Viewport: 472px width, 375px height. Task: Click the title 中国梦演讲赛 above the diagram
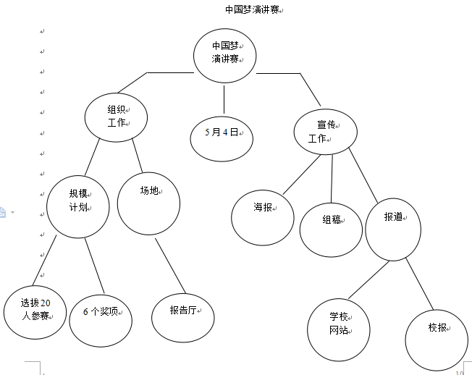click(252, 9)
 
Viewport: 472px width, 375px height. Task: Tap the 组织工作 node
click(116, 116)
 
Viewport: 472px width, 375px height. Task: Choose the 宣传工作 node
click(323, 131)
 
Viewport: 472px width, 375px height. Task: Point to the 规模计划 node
click(78, 206)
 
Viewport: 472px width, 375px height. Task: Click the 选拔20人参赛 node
click(35, 311)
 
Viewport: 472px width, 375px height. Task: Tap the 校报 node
click(437, 334)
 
